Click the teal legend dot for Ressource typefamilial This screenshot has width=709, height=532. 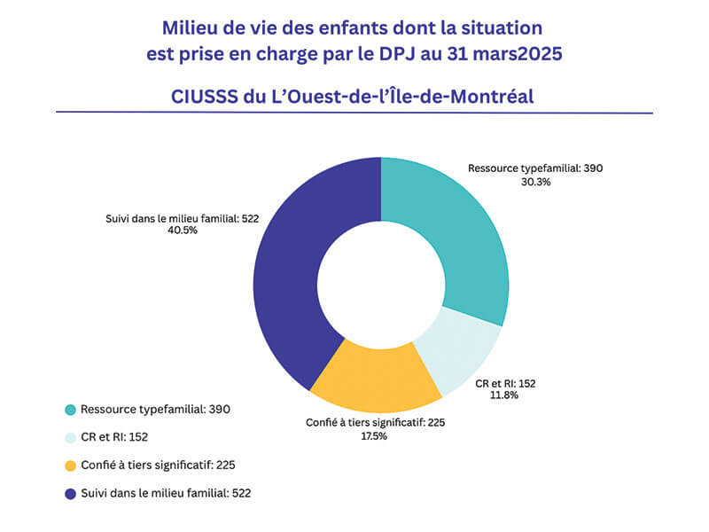point(70,410)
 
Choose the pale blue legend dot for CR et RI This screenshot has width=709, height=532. point(70,437)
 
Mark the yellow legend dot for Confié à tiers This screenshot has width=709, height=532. point(70,465)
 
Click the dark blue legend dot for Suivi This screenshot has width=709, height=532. point(70,492)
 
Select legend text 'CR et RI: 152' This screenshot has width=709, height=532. point(116,437)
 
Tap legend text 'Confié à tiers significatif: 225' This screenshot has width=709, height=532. point(157,465)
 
